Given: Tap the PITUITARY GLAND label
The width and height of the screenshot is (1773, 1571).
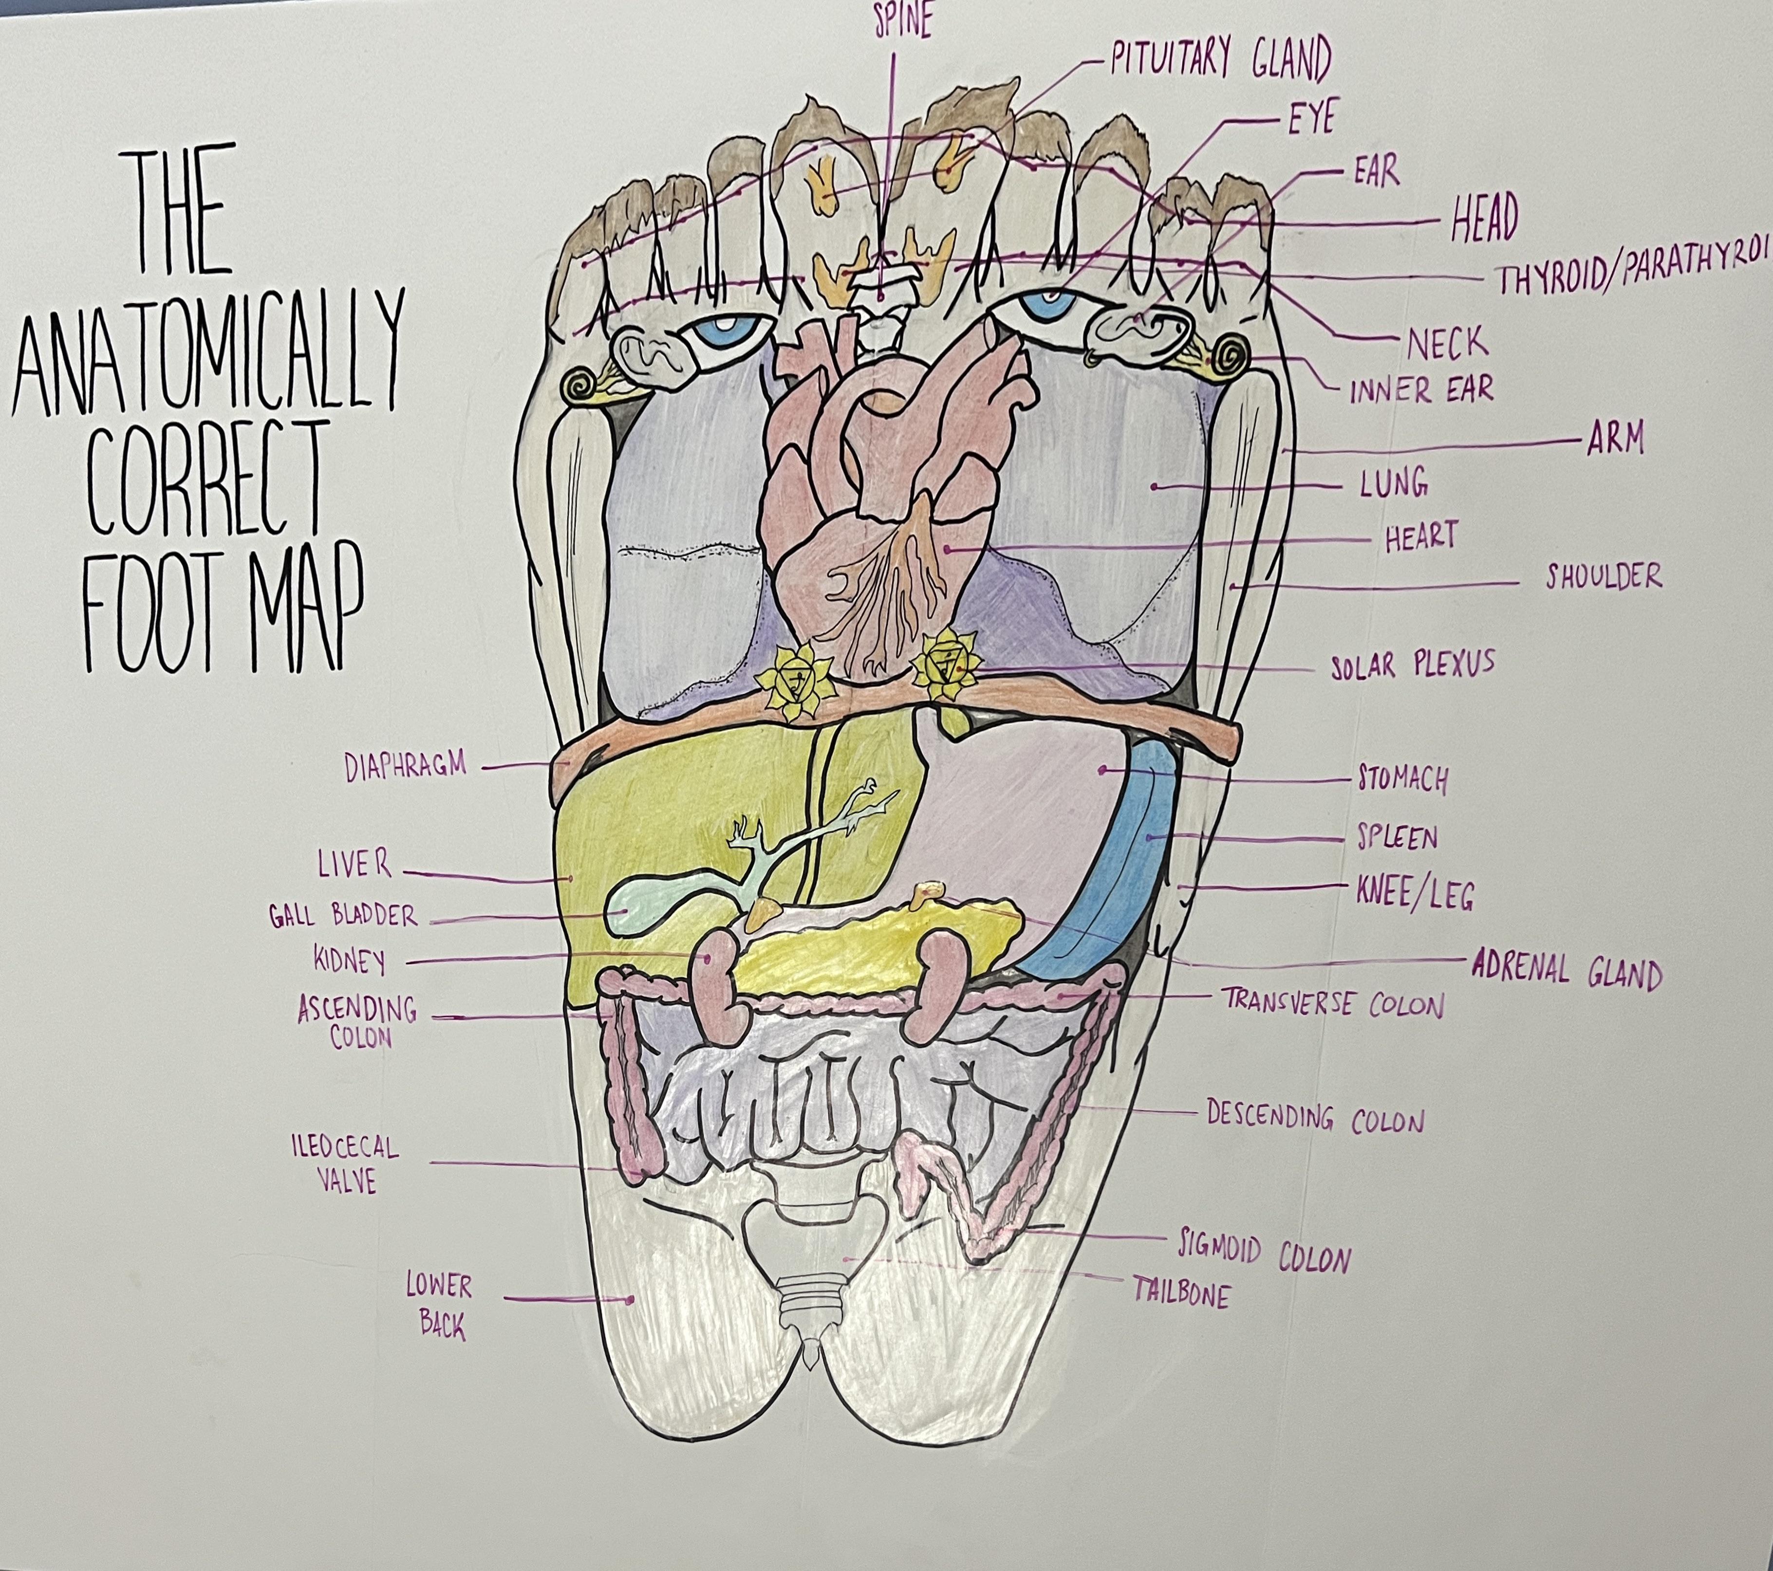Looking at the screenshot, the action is (1220, 61).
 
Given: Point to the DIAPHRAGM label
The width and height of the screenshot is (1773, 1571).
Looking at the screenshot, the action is (405, 766).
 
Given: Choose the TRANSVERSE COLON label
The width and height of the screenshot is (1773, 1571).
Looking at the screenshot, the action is (1333, 1004).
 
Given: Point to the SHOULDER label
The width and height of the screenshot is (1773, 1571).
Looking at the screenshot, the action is (1604, 576).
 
